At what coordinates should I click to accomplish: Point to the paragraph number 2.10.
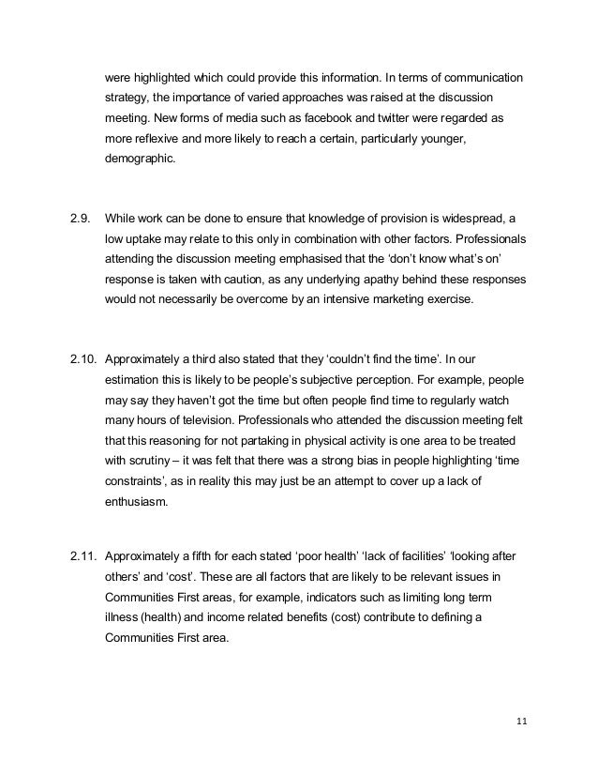pyautogui.click(x=84, y=357)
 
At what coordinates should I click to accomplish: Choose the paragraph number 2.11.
pyautogui.click(x=84, y=557)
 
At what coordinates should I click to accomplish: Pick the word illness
pyautogui.click(x=124, y=617)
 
